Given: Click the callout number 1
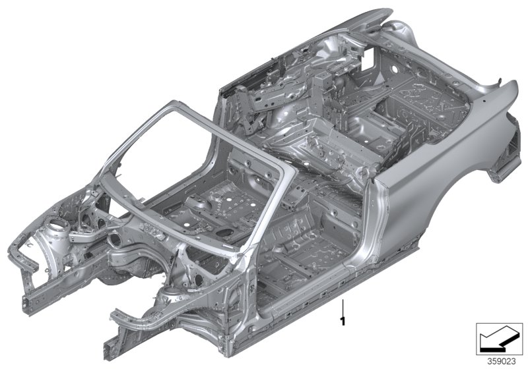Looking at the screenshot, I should click(x=343, y=320).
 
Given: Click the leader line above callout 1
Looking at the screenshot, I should click(x=343, y=306).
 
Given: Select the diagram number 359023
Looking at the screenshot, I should click(x=501, y=361).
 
